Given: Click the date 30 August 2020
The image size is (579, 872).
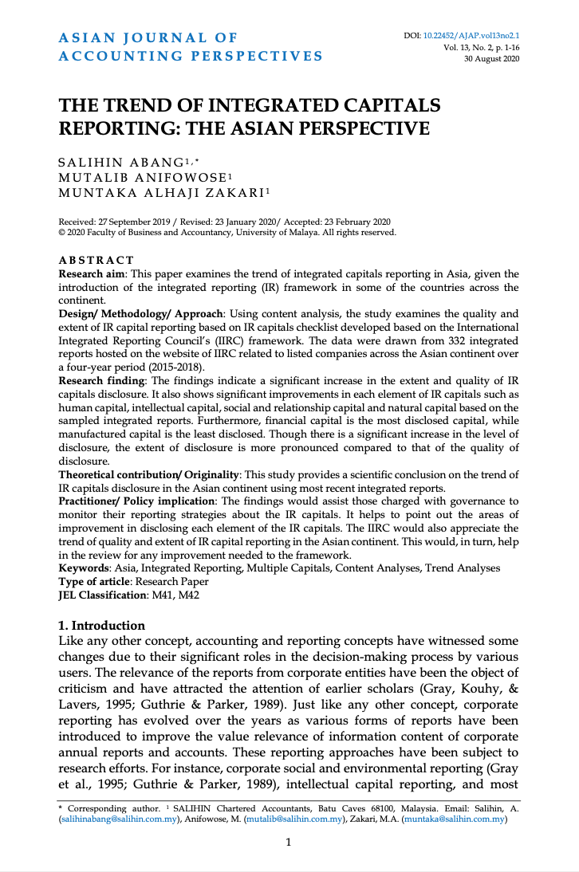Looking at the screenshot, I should tap(491, 59).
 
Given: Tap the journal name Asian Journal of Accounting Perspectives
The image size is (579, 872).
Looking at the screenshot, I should tap(191, 47).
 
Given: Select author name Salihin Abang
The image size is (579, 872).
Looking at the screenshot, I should tap(128, 163).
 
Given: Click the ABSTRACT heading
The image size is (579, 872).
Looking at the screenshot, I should tap(96, 261).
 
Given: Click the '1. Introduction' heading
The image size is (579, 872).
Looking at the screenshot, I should tap(103, 625).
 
